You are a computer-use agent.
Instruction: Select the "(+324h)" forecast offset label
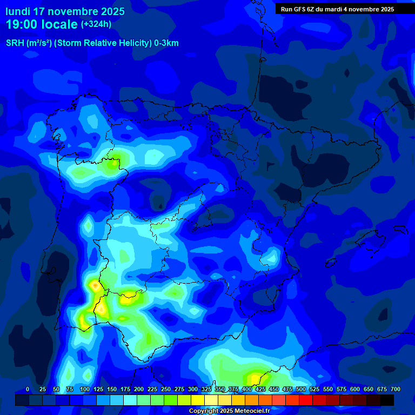coord(96,24)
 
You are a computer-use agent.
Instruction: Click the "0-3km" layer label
coord(166,43)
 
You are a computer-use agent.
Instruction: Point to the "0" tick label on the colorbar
coord(28,390)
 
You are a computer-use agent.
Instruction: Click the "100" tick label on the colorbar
coord(85,390)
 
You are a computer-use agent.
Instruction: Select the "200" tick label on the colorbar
coord(139,390)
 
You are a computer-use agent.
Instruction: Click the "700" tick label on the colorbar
coord(395,390)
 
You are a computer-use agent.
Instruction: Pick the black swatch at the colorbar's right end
coord(387,400)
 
